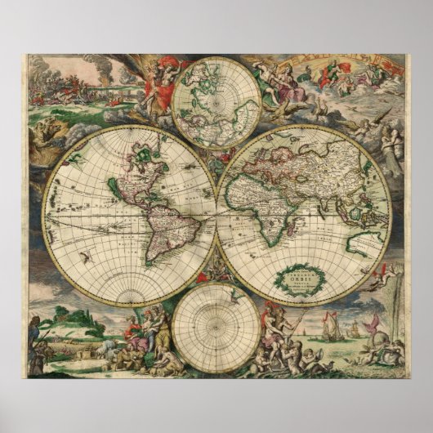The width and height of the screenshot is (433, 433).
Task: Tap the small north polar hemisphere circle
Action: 216,102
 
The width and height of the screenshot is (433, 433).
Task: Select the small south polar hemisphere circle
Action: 216,327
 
